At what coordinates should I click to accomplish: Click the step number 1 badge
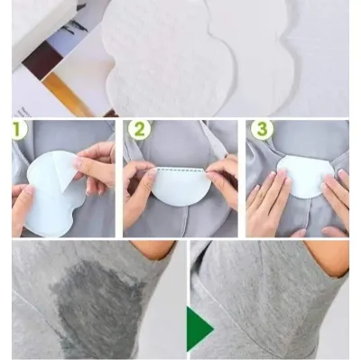click(19, 130)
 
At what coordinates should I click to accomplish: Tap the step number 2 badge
click(139, 130)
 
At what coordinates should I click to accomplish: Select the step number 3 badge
click(263, 130)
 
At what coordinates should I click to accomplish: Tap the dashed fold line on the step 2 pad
click(181, 171)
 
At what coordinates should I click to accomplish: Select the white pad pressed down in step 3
click(304, 177)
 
